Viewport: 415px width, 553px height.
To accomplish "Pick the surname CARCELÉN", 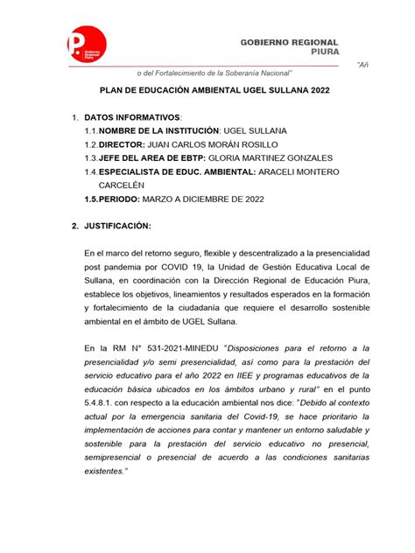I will point(117,185).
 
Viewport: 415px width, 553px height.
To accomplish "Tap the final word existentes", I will point(110,471).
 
